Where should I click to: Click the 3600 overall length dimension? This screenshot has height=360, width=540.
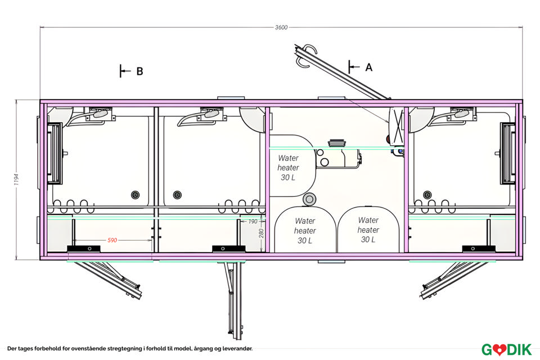282,27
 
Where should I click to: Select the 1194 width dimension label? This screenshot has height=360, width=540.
17,179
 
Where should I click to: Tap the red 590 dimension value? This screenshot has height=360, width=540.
112,240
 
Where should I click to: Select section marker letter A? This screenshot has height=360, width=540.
369,67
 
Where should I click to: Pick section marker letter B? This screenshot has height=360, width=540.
139,71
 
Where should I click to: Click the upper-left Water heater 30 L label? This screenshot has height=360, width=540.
288,168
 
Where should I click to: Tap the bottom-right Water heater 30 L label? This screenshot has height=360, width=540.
368,229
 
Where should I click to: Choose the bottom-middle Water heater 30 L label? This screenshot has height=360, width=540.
305,231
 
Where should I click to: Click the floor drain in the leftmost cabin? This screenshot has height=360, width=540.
135,195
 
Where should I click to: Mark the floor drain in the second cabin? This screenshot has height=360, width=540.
178,195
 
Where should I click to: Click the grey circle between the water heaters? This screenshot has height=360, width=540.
308,199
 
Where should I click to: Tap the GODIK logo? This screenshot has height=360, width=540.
506,349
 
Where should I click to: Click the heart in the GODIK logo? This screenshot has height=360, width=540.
498,349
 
